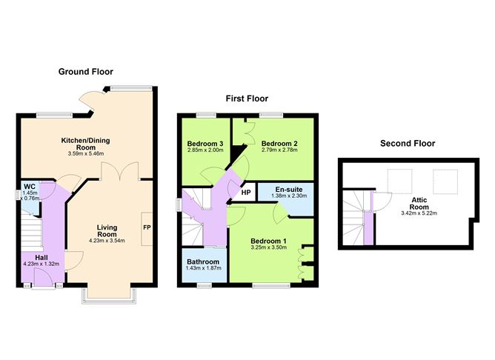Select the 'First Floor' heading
247,99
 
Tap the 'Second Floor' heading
407,143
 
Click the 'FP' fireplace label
147,227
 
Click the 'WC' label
30,186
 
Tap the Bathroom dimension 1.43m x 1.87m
202,270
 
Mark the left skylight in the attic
401,179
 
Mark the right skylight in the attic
444,179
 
